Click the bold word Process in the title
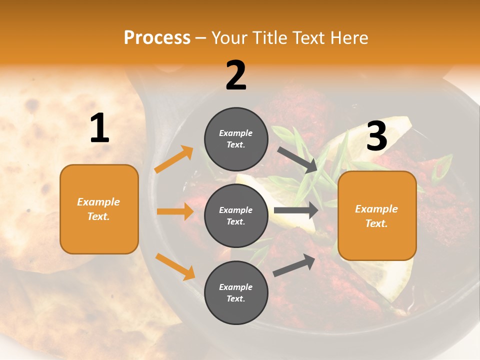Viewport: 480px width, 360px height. click(x=157, y=37)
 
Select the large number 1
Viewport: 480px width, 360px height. click(x=99, y=128)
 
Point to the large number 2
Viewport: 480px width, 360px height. click(x=236, y=75)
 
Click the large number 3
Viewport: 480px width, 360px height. click(x=376, y=136)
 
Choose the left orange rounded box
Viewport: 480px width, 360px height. click(x=99, y=209)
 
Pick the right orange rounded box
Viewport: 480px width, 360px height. click(x=377, y=215)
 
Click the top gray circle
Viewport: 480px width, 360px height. click(x=236, y=139)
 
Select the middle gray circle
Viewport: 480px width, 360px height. click(x=236, y=215)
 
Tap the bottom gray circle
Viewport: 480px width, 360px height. click(x=236, y=292)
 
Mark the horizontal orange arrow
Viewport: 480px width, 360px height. click(x=175, y=211)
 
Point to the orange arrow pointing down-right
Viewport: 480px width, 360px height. click(x=175, y=266)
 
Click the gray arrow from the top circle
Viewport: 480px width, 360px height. click(x=298, y=160)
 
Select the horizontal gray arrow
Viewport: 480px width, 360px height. click(x=296, y=210)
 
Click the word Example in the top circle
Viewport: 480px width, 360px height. click(x=236, y=133)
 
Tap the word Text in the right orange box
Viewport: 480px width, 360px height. click(x=376, y=223)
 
